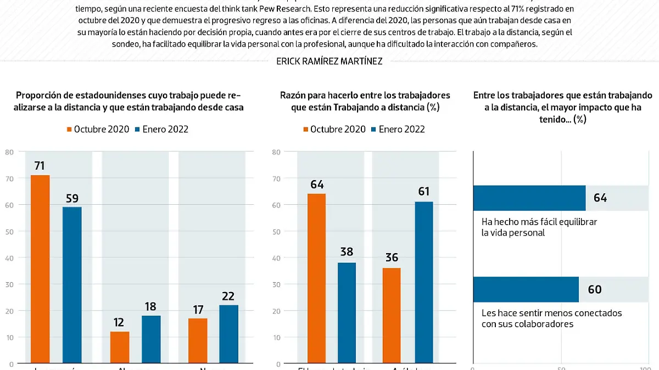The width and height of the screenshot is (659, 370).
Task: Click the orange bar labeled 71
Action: tap(40, 269)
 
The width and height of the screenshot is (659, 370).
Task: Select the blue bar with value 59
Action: tap(72, 285)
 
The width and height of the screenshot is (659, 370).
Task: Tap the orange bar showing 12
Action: tap(120, 347)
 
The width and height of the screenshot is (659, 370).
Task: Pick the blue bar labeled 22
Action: tap(229, 334)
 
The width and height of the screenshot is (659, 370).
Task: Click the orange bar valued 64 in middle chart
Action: tap(316, 278)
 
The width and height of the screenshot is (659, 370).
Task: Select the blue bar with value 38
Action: tap(347, 312)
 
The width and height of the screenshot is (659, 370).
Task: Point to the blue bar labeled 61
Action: tap(423, 282)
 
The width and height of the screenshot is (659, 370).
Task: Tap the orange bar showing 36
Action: tap(391, 315)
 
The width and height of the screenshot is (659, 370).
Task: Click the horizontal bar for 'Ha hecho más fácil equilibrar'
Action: tap(529, 198)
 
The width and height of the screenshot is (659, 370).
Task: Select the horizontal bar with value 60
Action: tap(526, 289)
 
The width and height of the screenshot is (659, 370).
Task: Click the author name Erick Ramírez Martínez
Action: tap(329, 61)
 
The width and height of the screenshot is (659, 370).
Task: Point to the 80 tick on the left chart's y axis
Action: tap(9, 152)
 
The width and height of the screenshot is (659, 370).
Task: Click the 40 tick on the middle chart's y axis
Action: tap(277, 258)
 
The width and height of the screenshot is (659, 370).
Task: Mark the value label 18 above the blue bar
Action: tap(151, 306)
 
